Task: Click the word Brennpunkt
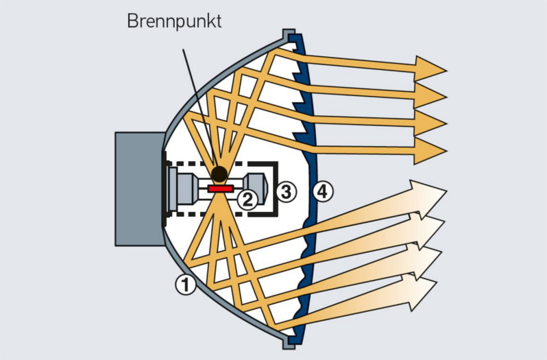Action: click(x=174, y=21)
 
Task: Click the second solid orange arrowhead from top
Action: click(x=430, y=93)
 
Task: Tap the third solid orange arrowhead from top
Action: click(x=430, y=122)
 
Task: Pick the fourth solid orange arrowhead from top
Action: click(x=430, y=150)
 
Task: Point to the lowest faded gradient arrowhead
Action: click(x=422, y=290)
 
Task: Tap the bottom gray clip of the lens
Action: click(x=290, y=341)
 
